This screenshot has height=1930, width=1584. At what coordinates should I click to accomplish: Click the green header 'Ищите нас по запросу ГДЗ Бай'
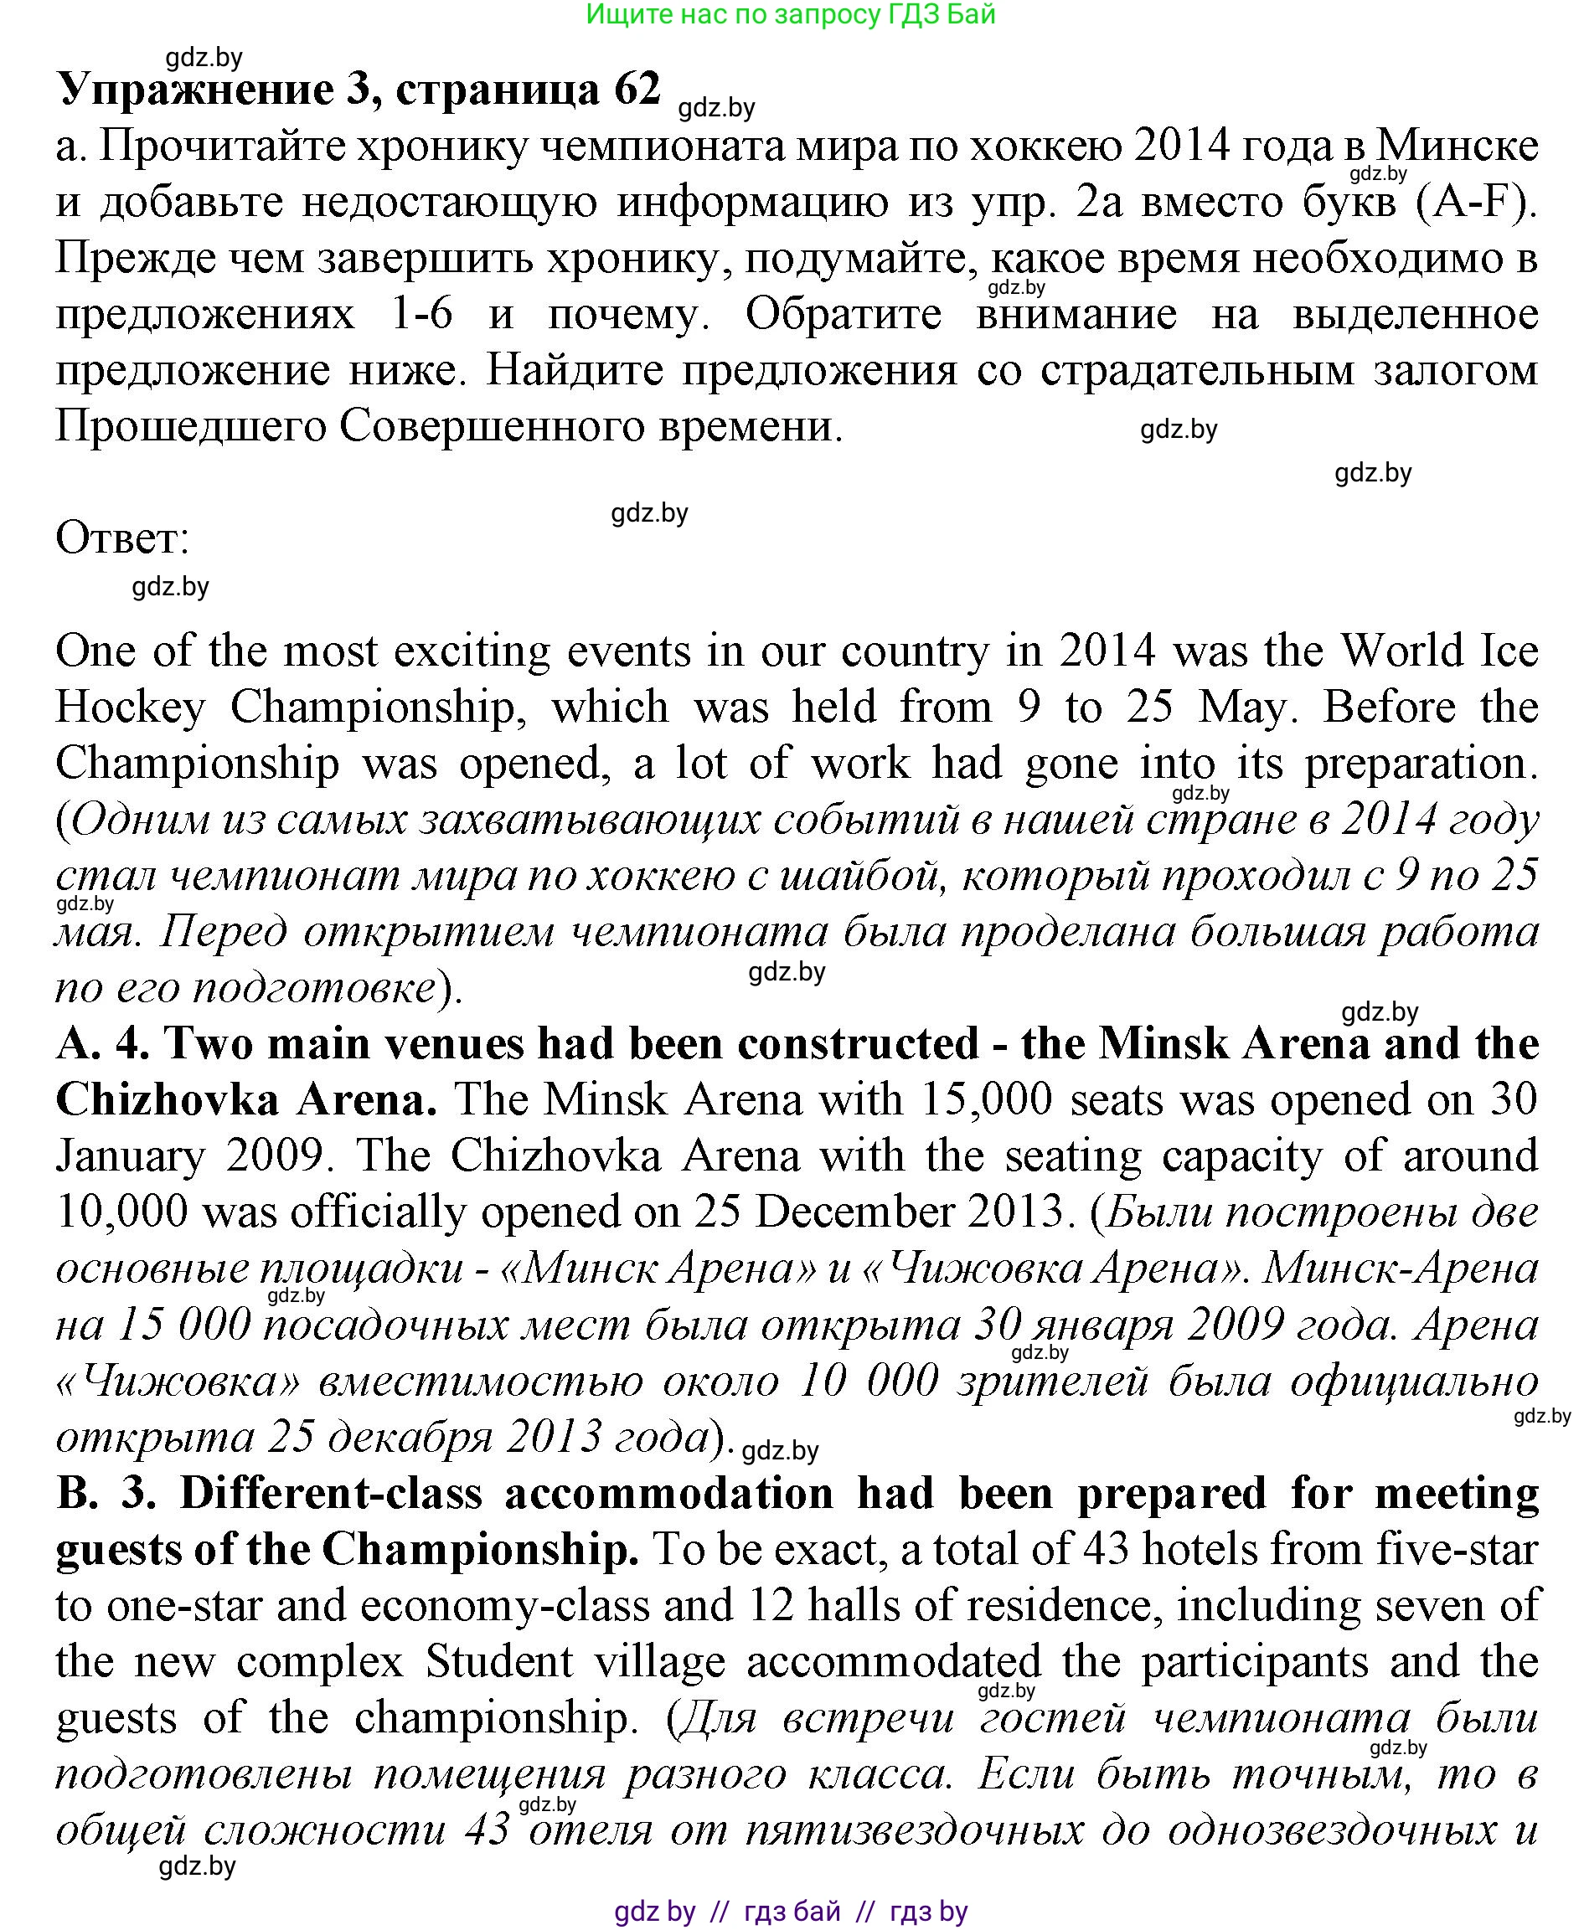pos(790,14)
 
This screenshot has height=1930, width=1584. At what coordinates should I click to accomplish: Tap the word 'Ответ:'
pos(123,538)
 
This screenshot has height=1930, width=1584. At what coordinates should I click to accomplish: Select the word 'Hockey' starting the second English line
pos(131,707)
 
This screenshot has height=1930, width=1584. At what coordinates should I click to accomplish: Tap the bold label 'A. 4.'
pos(102,1043)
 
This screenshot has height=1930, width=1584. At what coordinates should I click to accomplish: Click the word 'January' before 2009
pos(132,1156)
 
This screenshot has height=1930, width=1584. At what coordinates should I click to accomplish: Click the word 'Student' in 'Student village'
pos(499,1662)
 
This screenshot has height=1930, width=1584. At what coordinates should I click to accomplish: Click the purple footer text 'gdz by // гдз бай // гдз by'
pos(790,1911)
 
